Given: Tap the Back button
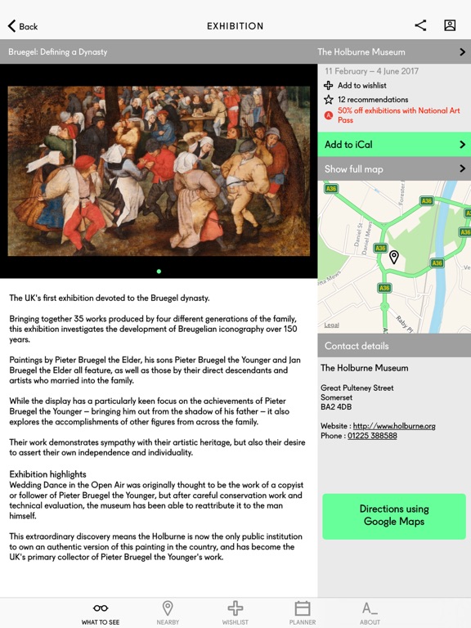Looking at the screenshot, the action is pos(23,26).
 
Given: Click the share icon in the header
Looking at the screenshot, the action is pos(420,25).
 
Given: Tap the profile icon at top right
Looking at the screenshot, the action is pos(450,25).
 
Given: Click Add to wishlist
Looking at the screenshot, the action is pos(361,85).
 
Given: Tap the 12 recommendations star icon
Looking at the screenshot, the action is pos(329,100).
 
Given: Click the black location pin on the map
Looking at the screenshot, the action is pos(393,258).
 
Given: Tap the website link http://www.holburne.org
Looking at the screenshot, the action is pos(394,426).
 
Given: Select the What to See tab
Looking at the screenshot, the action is pos(101,612).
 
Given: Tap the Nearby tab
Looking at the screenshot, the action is pos(168,612).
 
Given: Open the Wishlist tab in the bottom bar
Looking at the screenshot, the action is pos(235,612).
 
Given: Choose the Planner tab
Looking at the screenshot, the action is pos(303,612).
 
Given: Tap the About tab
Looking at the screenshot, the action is pos(370,612).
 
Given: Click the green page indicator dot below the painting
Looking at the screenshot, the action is pos(159,271).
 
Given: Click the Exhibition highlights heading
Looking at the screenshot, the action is pos(47,474).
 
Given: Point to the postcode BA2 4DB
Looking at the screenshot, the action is pos(336,407).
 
